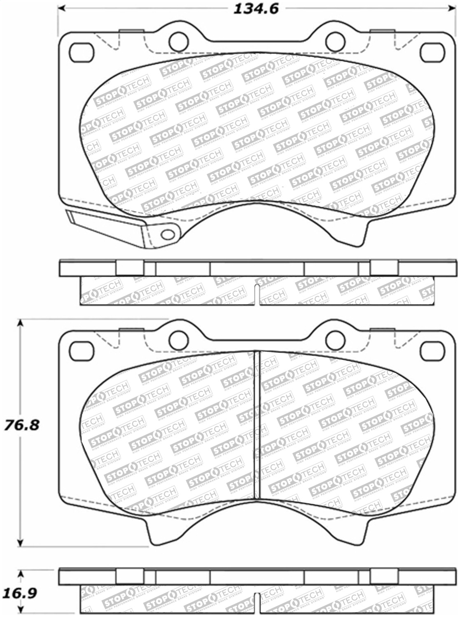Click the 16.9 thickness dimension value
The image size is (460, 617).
pos(19,594)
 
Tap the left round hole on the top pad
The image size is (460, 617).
pos(178,40)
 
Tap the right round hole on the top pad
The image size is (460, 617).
pos(334,40)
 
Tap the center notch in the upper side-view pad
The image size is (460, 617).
pos(257,294)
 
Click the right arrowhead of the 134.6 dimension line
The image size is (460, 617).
pos(451,8)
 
